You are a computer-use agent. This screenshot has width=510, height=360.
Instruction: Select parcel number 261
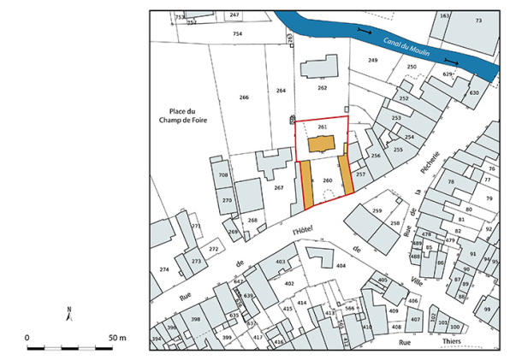click(x=322, y=127)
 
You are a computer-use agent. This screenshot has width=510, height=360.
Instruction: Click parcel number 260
click(x=327, y=181)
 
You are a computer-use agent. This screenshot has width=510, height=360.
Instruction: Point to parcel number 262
click(x=322, y=88)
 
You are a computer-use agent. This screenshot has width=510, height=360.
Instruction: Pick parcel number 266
click(x=244, y=97)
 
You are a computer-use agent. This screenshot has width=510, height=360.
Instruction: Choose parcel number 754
click(x=237, y=33)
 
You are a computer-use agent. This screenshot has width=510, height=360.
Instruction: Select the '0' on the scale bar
click(x=27, y=339)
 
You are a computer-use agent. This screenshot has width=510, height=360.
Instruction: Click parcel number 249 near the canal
click(x=372, y=61)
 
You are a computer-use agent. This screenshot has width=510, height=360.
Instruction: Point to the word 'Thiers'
click(x=453, y=342)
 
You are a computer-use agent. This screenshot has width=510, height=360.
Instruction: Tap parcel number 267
click(x=278, y=187)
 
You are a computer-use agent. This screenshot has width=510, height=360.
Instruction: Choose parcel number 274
click(x=164, y=269)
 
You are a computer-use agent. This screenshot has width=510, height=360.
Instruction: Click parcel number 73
click(x=478, y=20)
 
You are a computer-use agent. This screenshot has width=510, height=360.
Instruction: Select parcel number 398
click(x=196, y=319)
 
